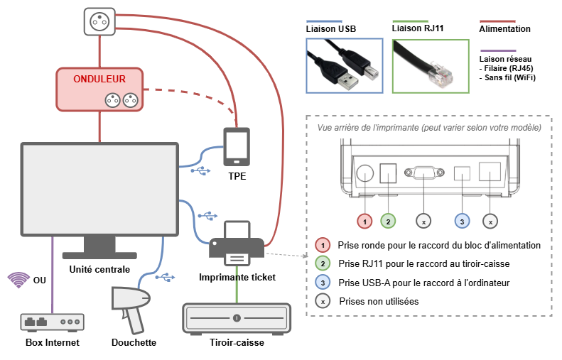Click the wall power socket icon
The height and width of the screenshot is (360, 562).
coord(99,21)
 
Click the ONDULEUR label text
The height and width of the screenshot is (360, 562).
coord(99,79)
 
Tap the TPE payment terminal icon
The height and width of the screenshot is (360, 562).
coord(237,147)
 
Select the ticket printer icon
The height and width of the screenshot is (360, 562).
coord(237,244)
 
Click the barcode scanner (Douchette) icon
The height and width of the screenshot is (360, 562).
coord(131,309)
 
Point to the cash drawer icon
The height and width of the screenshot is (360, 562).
coord(237,319)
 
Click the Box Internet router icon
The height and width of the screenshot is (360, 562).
coord(53,322)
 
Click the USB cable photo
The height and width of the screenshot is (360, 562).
coord(345,66)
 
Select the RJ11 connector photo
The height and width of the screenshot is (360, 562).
coord(431,66)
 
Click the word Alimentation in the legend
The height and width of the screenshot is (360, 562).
coord(504,29)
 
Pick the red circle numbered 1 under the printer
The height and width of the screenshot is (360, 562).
coord(364,222)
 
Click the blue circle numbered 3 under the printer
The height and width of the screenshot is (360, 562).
coord(462,222)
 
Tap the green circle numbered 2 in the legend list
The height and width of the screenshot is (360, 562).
coord(323,263)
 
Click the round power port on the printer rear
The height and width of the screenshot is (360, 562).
coord(365,173)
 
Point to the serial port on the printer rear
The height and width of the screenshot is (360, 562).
coord(424,173)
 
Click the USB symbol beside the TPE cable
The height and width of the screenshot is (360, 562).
coord(200,171)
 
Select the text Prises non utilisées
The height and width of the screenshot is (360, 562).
coord(379,301)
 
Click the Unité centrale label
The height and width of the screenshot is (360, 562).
coord(99,269)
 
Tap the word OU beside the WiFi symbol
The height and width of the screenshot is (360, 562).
coord(39,280)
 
